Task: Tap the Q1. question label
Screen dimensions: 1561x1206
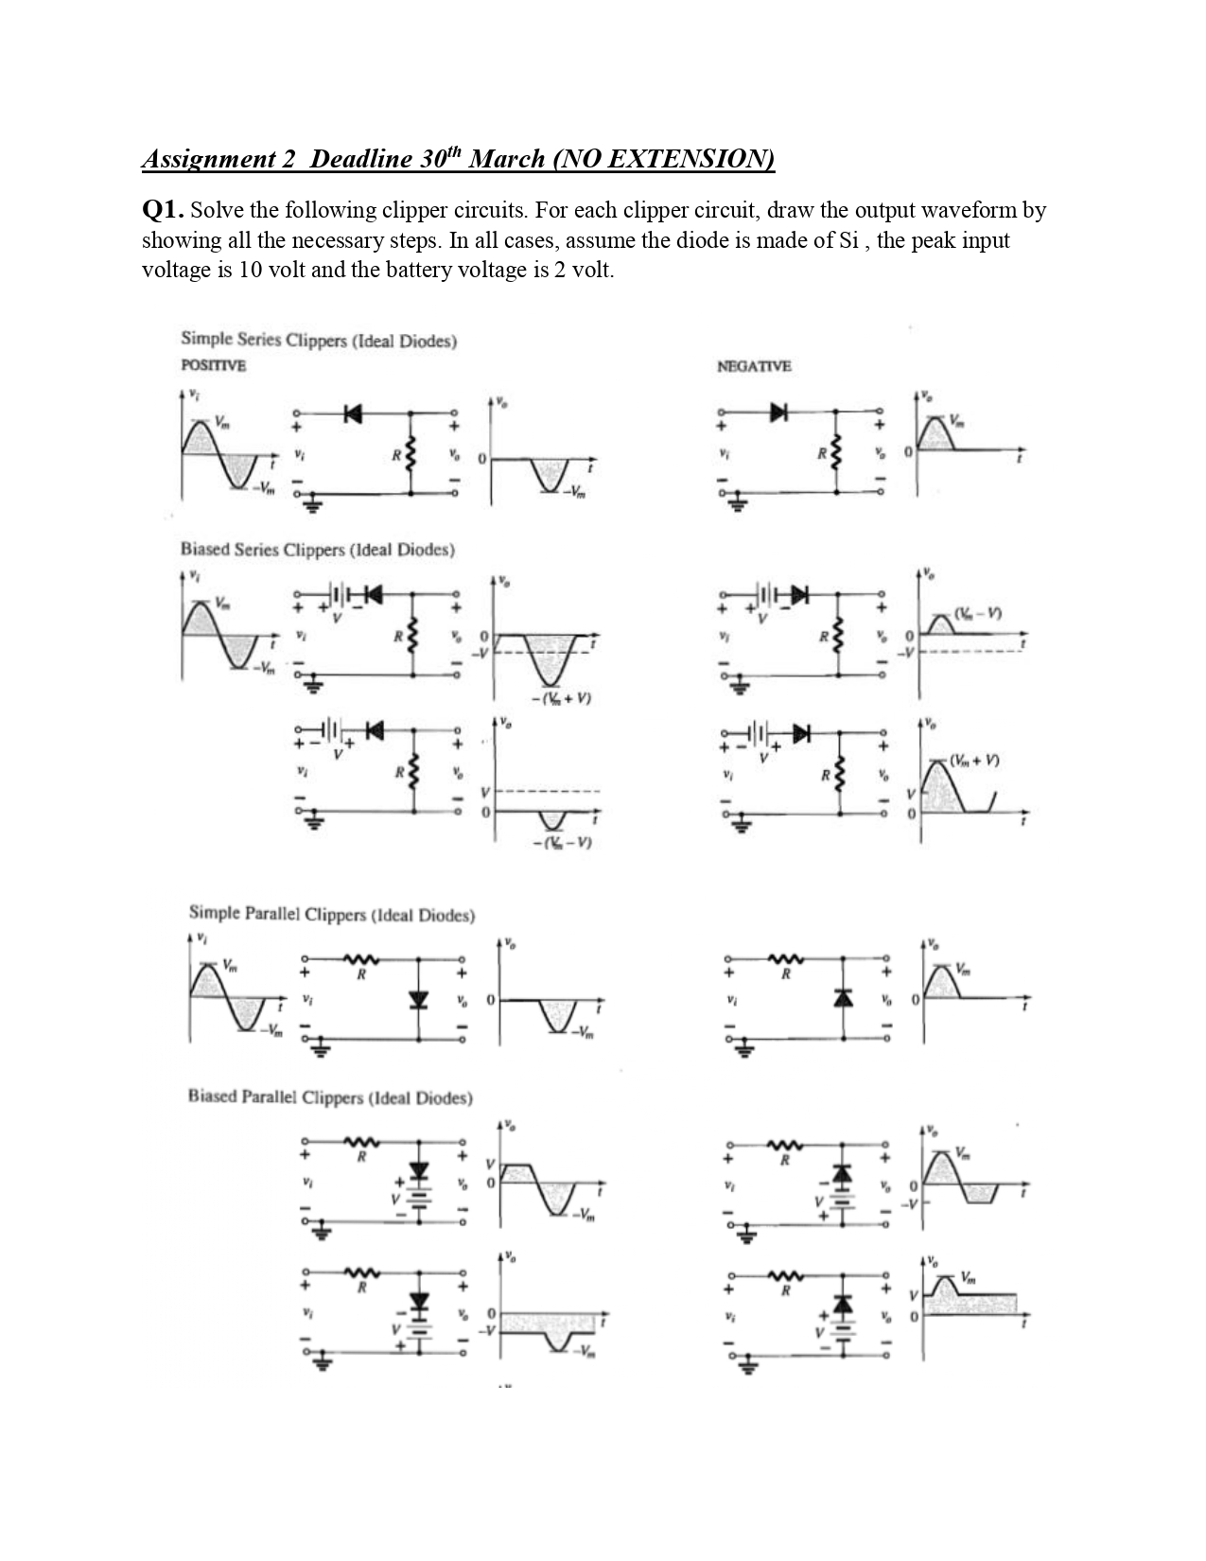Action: point(163,210)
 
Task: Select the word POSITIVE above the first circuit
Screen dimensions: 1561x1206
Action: point(213,365)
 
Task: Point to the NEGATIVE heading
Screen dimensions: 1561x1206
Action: point(754,366)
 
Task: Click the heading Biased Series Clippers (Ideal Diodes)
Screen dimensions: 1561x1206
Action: point(317,550)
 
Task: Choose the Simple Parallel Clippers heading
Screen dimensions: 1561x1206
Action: point(331,914)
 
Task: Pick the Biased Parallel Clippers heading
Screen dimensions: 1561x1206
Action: point(329,1097)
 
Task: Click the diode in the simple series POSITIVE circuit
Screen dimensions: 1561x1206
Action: point(353,413)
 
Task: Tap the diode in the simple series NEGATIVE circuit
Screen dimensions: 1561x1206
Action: point(779,412)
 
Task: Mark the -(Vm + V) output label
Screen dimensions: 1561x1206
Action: point(561,699)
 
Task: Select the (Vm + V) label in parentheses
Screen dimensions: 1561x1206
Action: point(975,760)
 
